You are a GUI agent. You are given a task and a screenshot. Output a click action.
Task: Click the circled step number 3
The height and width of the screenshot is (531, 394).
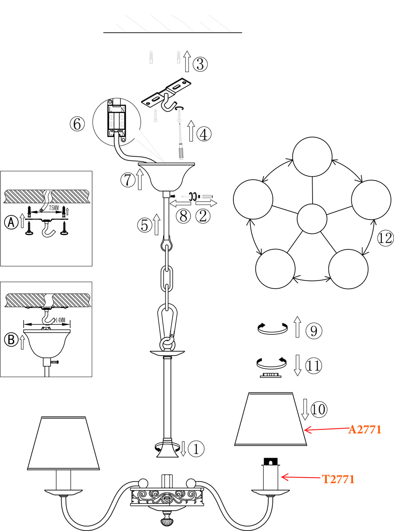point(201,64)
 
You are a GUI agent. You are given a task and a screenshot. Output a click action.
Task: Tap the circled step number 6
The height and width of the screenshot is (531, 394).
point(77,124)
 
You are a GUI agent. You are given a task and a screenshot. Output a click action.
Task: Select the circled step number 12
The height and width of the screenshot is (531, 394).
point(385,238)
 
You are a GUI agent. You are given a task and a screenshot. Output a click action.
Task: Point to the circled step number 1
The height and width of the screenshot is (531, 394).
point(196,448)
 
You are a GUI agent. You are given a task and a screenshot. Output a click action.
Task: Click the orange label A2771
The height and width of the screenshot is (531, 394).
point(365,429)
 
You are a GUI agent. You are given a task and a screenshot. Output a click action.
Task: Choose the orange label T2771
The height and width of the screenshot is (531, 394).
point(338,479)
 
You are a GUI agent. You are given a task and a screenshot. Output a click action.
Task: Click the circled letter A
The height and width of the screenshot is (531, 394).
point(11,222)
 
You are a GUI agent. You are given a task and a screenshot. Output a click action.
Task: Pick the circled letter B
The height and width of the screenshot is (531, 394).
point(11,339)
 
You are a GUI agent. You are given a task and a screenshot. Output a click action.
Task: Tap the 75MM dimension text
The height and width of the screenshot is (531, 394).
point(54,207)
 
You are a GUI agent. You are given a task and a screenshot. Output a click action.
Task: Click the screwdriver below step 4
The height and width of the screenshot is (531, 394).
point(181,141)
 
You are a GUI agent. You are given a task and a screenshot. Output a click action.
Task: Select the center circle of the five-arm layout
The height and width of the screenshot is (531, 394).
point(312,219)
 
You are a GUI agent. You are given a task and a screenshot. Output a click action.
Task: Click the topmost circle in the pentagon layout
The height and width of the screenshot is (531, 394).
point(312,157)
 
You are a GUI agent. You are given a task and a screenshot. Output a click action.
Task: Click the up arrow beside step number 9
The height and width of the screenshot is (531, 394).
point(297,327)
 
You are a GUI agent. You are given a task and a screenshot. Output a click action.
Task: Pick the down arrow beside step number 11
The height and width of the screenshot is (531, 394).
point(297,365)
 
